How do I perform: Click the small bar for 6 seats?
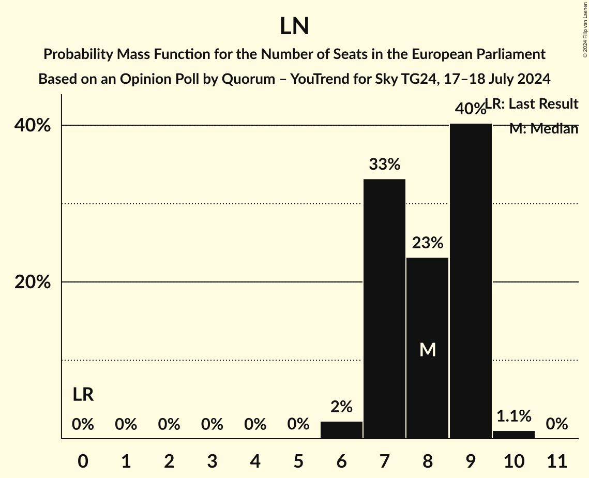[x=341, y=430]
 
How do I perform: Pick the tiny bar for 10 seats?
[x=514, y=435]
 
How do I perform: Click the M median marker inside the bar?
[x=428, y=350]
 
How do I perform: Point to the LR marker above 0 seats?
[x=83, y=395]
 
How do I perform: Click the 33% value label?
[x=384, y=165]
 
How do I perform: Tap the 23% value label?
[x=428, y=243]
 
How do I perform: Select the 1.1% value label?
[x=514, y=415]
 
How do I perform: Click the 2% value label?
[x=341, y=407]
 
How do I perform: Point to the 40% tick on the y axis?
[x=36, y=125]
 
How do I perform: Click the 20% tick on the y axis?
[x=36, y=282]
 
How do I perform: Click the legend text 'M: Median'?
[x=543, y=129]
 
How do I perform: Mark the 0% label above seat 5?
[x=298, y=425]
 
